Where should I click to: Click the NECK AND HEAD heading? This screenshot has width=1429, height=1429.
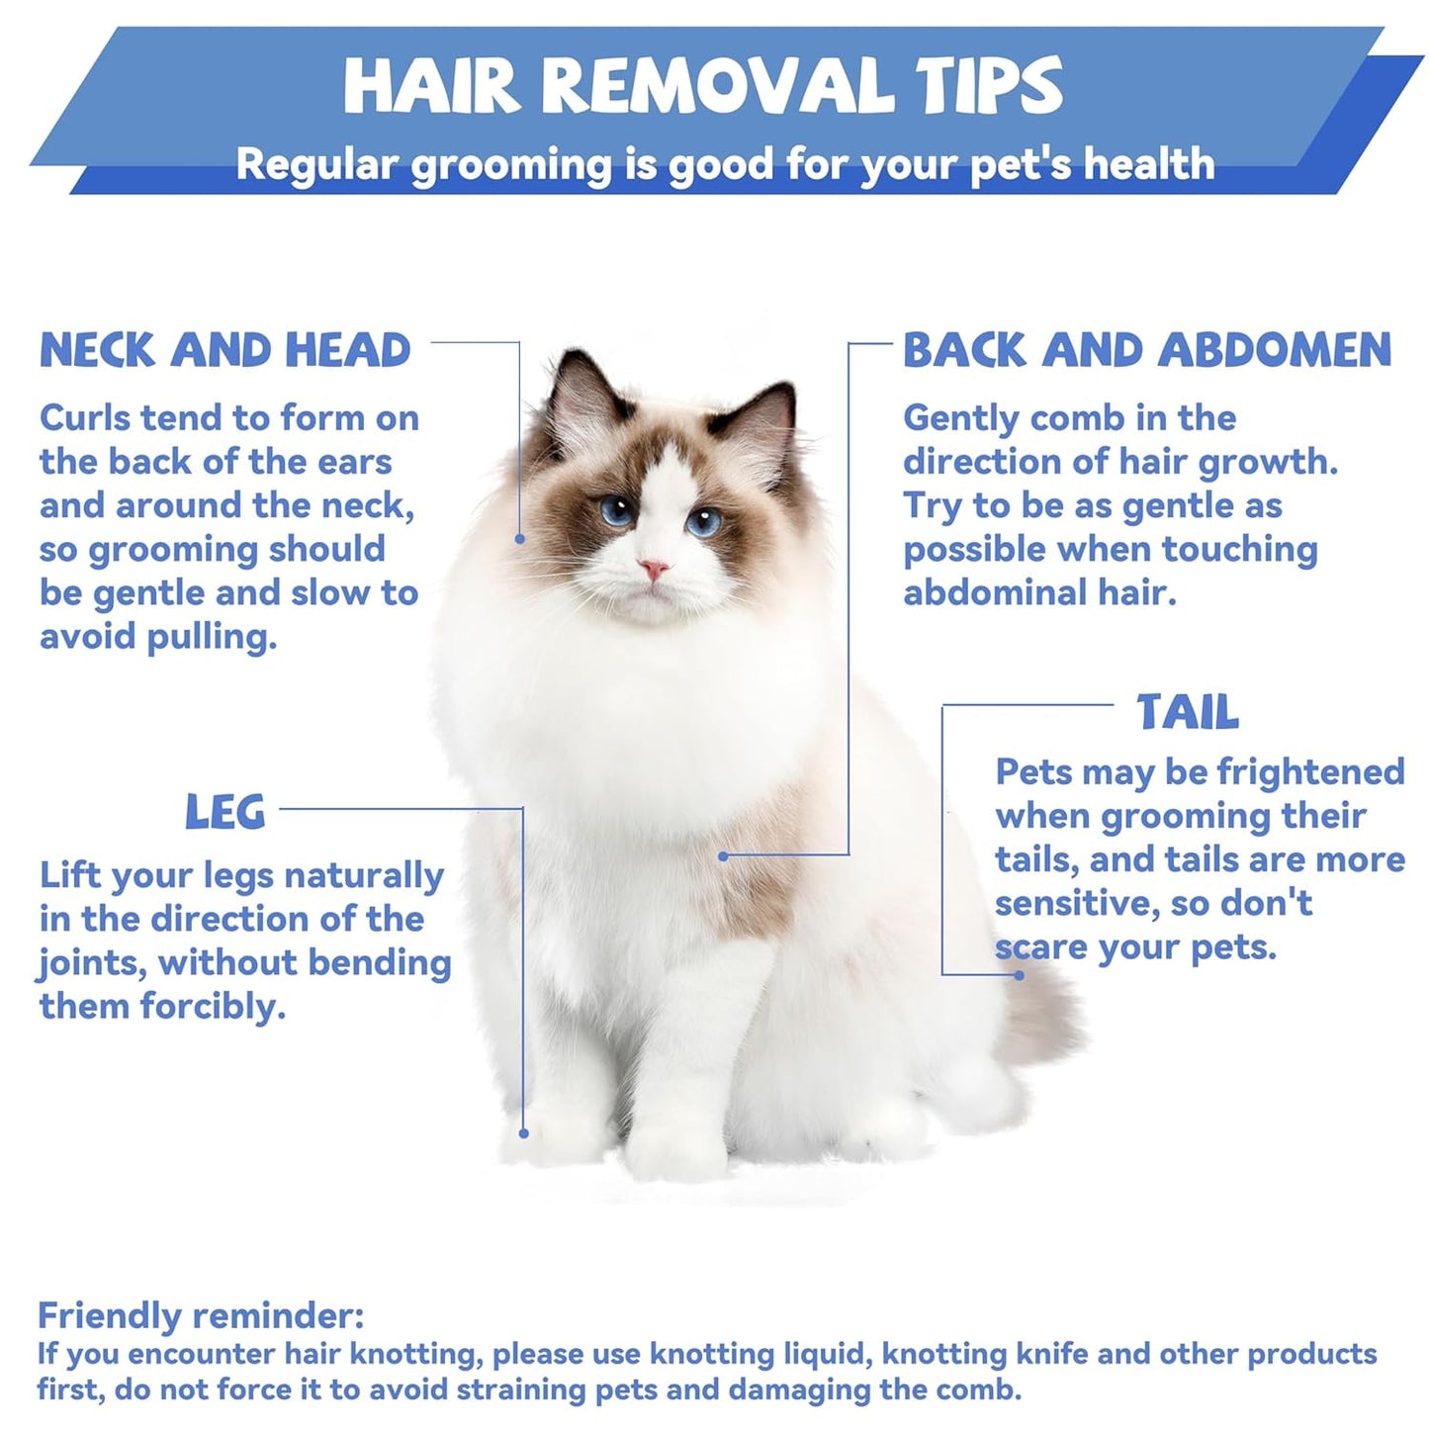224,350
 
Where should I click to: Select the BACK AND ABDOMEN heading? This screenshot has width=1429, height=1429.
1146,350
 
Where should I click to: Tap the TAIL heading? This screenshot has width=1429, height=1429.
1188,712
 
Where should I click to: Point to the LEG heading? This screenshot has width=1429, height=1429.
224,811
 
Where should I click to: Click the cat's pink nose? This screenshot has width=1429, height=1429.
654,569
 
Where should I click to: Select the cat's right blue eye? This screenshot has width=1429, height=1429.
703,522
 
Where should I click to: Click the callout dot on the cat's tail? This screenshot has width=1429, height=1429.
1019,975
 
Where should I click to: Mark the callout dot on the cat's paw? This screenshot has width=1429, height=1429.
523,1133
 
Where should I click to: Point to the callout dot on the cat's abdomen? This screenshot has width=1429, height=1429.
723,855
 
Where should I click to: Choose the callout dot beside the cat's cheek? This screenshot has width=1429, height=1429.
520,539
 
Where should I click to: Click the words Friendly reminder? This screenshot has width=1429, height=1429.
201,1315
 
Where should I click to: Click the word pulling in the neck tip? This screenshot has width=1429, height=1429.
212,638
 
